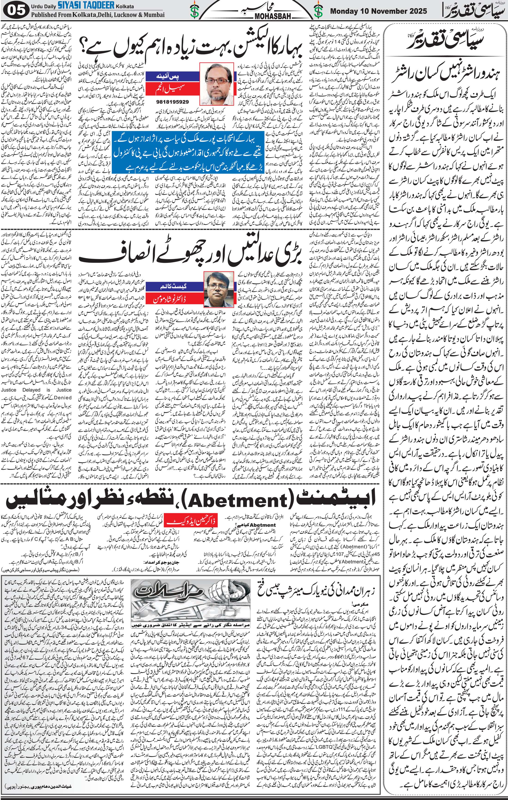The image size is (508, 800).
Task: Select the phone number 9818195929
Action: pos(172,102)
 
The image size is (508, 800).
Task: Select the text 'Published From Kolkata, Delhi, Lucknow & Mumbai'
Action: pos(98,15)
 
